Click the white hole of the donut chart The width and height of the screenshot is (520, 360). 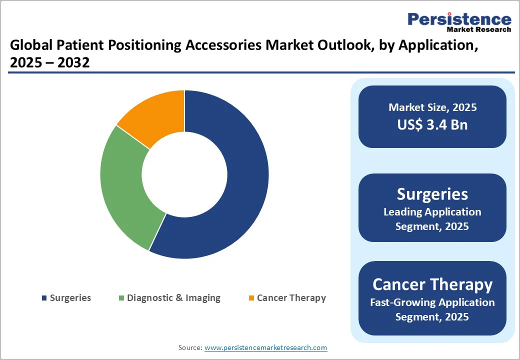pyautogui.click(x=184, y=174)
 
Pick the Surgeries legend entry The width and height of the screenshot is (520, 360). pyautogui.click(x=70, y=298)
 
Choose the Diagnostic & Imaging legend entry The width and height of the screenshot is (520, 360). pyautogui.click(x=173, y=298)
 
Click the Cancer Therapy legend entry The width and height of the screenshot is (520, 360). pyautogui.click(x=291, y=298)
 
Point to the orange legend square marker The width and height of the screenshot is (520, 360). pyautogui.click(x=251, y=298)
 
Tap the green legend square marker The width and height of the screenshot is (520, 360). pyautogui.click(x=121, y=298)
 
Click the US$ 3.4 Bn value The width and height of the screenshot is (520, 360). pyautogui.click(x=432, y=124)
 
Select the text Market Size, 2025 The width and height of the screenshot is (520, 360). pyautogui.click(x=432, y=107)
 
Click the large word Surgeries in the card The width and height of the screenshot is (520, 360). pyautogui.click(x=432, y=193)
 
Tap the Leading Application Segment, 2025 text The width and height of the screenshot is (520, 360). pyautogui.click(x=432, y=219)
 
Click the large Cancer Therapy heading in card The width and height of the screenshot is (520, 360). pyautogui.click(x=432, y=284)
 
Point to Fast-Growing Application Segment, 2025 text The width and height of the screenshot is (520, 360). pyautogui.click(x=432, y=309)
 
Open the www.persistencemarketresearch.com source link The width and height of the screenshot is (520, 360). pyautogui.click(x=265, y=347)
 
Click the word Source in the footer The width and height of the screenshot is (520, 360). pyautogui.click(x=190, y=347)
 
